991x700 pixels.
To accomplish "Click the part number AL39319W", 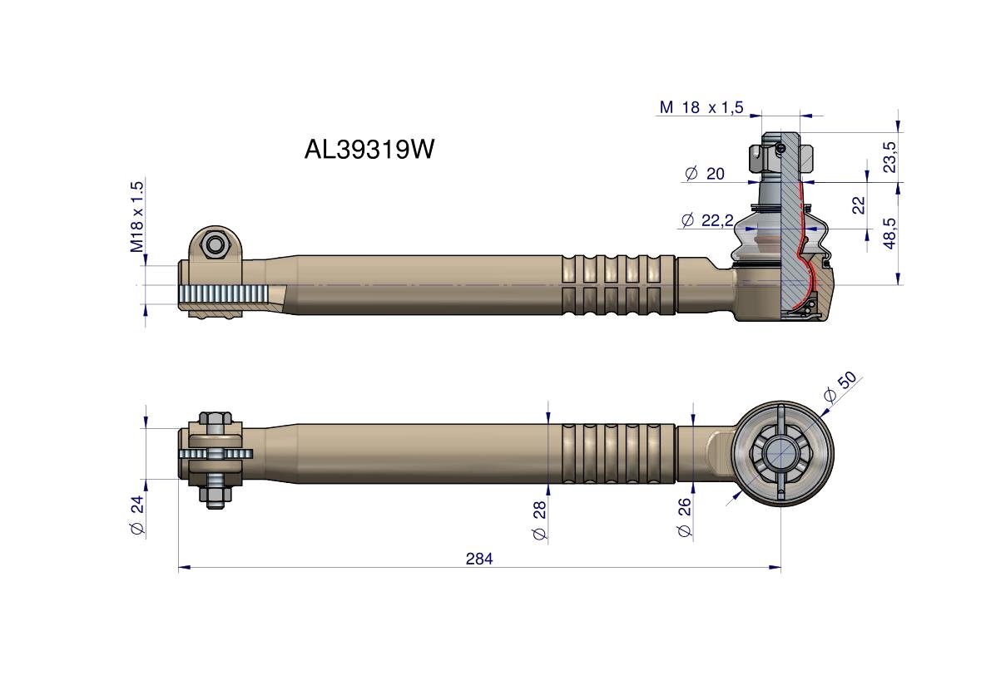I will click(x=369, y=150).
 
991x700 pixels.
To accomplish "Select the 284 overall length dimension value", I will click(x=479, y=559).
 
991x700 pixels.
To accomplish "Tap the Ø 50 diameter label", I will click(x=840, y=387).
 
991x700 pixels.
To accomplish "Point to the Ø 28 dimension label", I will click(x=539, y=520).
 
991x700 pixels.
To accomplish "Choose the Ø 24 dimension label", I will click(x=137, y=516).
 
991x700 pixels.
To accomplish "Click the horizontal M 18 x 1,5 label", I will click(x=701, y=107).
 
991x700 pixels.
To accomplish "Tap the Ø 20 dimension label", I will click(x=704, y=174).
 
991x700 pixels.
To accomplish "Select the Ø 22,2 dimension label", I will click(x=706, y=220).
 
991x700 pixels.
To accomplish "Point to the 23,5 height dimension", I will click(x=889, y=157).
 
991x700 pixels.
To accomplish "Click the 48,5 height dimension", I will click(x=889, y=234).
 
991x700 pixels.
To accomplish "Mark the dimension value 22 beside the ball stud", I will click(x=859, y=205).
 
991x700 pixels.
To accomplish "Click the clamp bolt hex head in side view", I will click(x=216, y=244).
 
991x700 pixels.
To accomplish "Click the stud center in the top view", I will click(x=781, y=454).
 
